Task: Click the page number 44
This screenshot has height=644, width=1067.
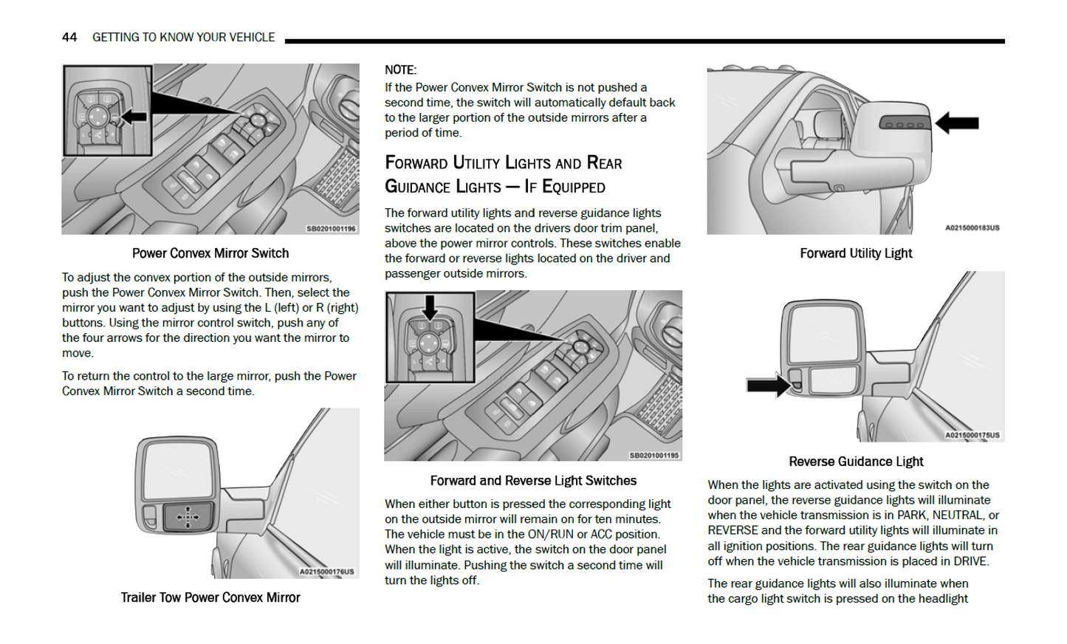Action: coord(69,37)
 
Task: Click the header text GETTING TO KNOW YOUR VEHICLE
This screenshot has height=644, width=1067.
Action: coord(183,37)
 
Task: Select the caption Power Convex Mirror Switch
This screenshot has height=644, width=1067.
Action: coord(210,253)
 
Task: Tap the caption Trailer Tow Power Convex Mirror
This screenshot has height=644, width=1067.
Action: coord(210,597)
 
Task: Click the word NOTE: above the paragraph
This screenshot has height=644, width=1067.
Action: coord(400,70)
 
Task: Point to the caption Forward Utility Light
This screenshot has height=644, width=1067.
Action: coord(856,253)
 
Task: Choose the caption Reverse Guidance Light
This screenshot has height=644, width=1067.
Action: coord(856,462)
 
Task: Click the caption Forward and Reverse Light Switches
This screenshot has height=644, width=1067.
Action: coord(533,481)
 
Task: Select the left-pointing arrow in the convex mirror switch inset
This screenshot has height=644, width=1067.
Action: coord(133,117)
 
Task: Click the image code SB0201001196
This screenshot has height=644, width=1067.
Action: coord(331,229)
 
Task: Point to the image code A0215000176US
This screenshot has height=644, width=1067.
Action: coord(326,572)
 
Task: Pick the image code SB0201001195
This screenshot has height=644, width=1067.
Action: coord(653,456)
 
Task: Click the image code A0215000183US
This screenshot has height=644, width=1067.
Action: coord(972,228)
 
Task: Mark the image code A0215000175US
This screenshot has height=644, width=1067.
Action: coord(972,436)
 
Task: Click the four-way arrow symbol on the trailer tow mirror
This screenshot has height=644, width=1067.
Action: coord(188,517)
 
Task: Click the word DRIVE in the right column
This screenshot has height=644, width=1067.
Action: coord(970,561)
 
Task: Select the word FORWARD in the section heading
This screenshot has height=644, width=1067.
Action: coord(416,163)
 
